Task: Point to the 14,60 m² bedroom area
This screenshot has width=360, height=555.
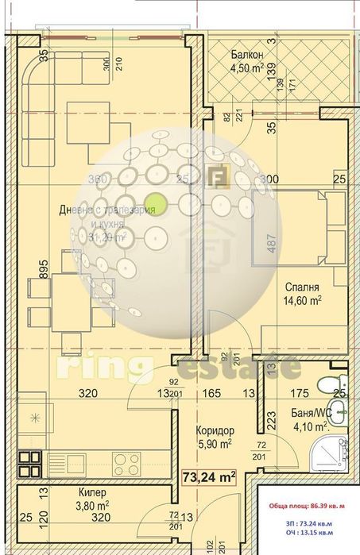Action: tap(303, 300)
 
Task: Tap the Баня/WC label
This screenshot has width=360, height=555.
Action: tap(312, 414)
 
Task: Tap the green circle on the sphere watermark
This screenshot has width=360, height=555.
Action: tap(157, 203)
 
